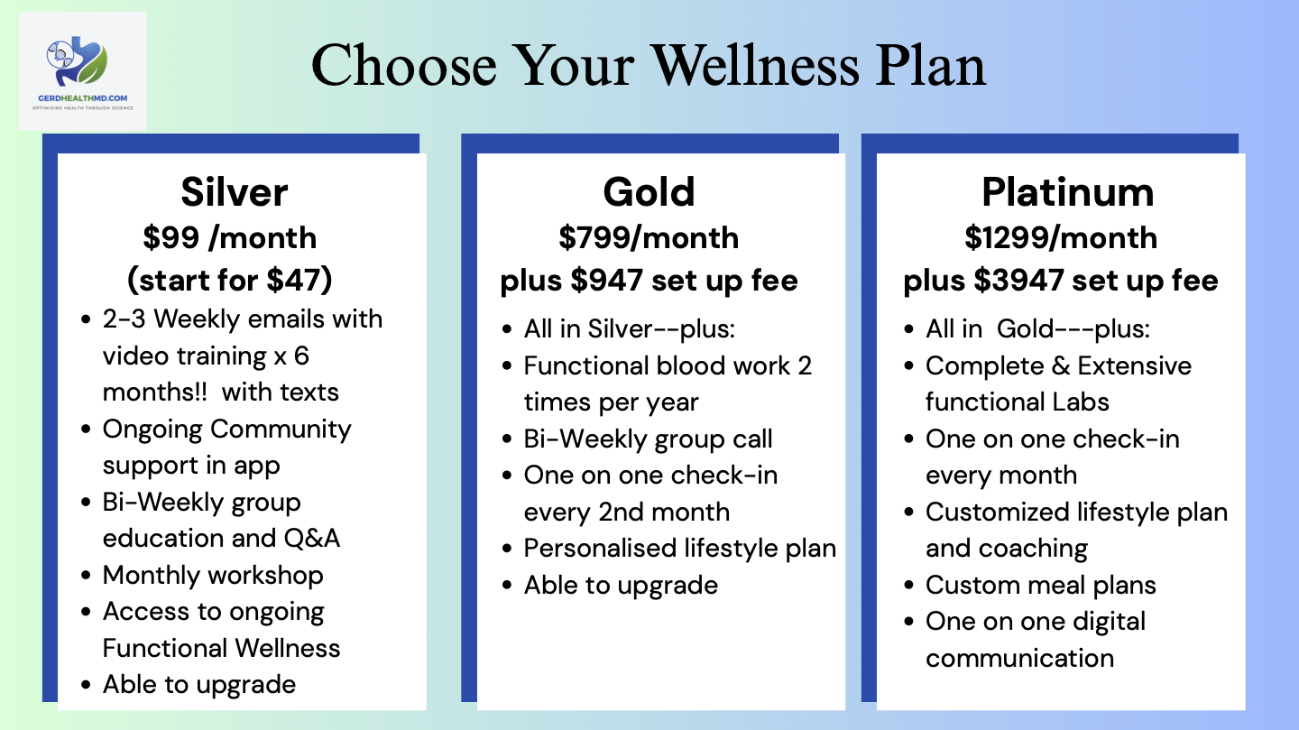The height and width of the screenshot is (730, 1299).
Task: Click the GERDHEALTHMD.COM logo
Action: pos(82,70)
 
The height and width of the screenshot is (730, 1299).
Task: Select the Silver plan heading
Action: pos(235,192)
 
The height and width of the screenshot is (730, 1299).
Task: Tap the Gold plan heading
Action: pos(649,192)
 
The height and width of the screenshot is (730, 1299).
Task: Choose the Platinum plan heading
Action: pos(1068,192)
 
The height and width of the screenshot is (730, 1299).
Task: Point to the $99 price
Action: pos(171,238)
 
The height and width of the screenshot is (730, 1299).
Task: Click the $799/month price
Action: pos(649,238)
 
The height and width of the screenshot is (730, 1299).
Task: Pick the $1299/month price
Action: pos(1061,238)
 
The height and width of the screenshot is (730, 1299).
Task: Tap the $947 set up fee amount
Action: pos(606,281)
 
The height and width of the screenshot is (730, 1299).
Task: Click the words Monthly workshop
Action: pos(213,576)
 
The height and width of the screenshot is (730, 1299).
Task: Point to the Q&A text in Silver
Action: pos(312,539)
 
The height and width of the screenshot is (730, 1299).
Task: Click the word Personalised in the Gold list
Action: pos(600,549)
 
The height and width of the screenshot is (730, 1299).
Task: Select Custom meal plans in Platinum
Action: pos(1041,586)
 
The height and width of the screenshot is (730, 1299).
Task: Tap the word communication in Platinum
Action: pos(1019,659)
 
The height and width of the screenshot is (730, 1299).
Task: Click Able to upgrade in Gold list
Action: pos(621,586)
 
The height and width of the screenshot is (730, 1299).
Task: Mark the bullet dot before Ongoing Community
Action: pos(86,430)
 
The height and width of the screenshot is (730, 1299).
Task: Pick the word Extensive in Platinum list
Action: pos(1134,366)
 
